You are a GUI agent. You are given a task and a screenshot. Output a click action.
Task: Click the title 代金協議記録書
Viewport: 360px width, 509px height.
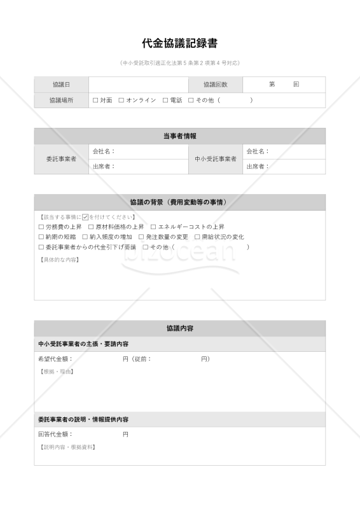180,44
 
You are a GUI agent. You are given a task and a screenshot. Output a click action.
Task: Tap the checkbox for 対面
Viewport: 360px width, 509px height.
95,101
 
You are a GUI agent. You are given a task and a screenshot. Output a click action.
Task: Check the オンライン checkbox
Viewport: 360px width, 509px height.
121,101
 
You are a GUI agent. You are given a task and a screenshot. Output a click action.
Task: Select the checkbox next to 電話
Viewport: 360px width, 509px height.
165,101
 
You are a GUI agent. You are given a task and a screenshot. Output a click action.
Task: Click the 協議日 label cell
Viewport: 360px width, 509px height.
62,85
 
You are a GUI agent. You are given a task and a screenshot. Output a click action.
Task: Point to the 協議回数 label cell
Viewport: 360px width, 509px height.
215,85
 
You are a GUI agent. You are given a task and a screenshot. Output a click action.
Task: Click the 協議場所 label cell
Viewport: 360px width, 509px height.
62,101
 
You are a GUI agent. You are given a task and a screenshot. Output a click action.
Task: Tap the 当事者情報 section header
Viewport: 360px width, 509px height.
180,136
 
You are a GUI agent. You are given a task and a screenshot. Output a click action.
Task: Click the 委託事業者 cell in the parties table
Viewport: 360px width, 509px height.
62,159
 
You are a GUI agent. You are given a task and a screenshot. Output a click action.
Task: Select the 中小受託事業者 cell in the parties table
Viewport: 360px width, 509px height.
215,159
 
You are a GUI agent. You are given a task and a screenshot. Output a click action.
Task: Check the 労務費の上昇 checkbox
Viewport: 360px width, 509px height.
41,227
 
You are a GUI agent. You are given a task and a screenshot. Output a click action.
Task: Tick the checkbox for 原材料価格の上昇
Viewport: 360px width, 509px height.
90,227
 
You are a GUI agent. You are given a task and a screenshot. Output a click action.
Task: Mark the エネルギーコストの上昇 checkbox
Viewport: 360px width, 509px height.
153,227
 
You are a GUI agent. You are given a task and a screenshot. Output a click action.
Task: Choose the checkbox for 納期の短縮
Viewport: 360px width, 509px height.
41,237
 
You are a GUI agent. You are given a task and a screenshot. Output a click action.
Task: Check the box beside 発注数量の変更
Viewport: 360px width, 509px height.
141,237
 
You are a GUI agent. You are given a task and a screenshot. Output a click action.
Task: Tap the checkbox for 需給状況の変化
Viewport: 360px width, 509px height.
197,237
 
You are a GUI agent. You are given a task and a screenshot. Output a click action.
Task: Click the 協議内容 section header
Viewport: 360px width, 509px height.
180,328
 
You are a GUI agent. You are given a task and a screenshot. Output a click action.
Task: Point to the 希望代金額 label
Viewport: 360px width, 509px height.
55,359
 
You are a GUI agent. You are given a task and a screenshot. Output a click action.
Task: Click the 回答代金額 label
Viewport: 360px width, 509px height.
55,435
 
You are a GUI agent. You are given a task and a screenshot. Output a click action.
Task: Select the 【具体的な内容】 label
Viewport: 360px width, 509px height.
59,260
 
